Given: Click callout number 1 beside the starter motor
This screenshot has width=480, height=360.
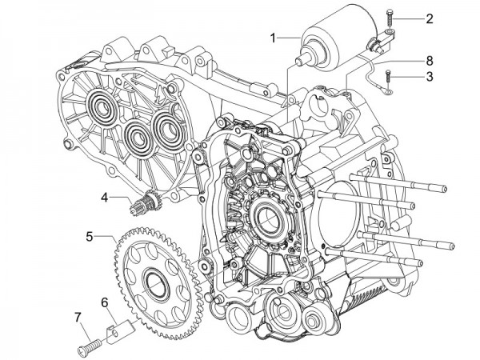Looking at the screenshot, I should click(x=274, y=37).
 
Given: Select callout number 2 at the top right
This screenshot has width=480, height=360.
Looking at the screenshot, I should click(x=430, y=18).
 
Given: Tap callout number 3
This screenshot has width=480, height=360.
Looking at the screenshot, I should click(x=429, y=77).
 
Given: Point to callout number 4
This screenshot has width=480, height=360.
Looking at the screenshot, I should click(x=105, y=196).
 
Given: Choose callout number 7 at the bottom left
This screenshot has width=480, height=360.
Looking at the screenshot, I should click(x=78, y=318).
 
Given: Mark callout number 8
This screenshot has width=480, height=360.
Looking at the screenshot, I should click(x=429, y=60).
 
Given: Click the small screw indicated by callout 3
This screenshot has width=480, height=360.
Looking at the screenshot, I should click(x=388, y=78).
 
